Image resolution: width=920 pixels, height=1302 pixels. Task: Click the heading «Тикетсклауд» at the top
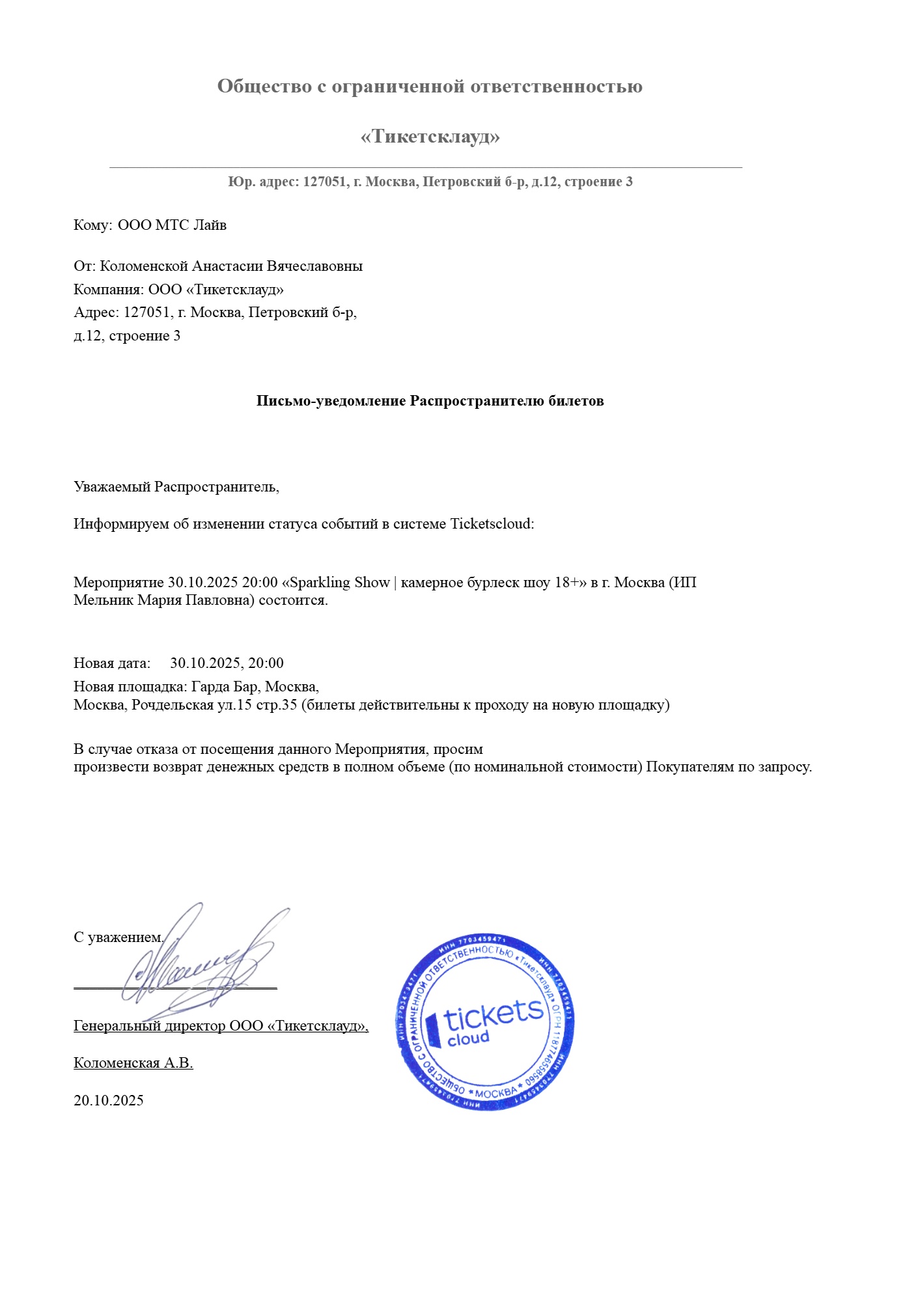(x=430, y=137)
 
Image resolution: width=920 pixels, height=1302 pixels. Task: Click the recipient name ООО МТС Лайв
(x=172, y=225)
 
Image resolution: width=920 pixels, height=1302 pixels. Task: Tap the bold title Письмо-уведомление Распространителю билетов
(x=430, y=401)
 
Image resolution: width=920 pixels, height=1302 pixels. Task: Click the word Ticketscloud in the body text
(x=491, y=524)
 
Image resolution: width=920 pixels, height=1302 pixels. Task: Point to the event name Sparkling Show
(x=339, y=583)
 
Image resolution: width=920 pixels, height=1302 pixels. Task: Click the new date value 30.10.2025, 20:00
(x=227, y=663)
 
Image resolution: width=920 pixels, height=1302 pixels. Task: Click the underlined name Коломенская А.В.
(x=133, y=1063)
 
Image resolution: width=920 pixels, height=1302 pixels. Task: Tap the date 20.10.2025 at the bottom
(x=109, y=1101)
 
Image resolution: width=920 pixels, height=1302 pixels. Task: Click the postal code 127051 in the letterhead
(x=324, y=182)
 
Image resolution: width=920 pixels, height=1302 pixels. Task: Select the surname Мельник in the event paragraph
(x=104, y=600)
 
